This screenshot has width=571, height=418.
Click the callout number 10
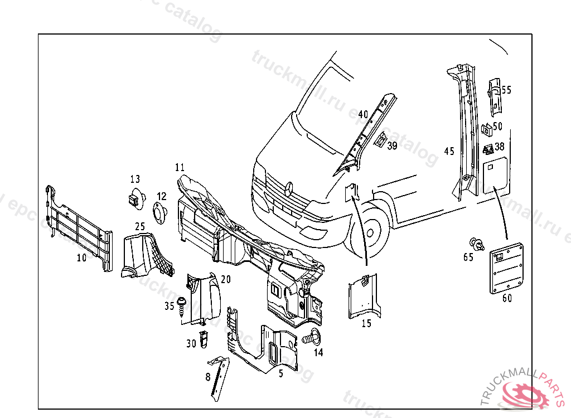[81, 257]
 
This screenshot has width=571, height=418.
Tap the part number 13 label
[136, 179]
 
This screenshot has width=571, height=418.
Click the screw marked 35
[182, 304]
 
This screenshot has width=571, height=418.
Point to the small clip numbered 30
[204, 338]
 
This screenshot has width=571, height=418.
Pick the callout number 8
[208, 377]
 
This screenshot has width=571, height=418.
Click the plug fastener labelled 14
[311, 338]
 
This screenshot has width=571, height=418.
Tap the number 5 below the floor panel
[281, 373]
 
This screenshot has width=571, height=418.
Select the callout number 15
[366, 323]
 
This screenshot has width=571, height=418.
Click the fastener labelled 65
[476, 244]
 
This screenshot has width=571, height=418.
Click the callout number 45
[449, 151]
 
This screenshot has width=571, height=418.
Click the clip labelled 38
[488, 148]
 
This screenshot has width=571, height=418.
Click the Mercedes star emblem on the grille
[289, 189]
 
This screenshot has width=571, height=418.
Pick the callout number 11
[180, 167]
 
